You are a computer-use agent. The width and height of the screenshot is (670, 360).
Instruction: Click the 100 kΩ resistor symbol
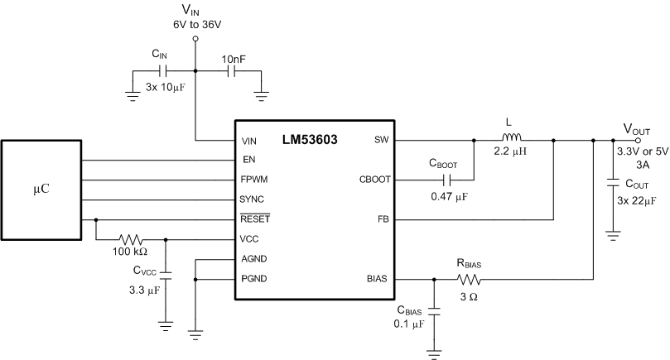pos(131,240)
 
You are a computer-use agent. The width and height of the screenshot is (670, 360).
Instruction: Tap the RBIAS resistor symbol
pos(470,280)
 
